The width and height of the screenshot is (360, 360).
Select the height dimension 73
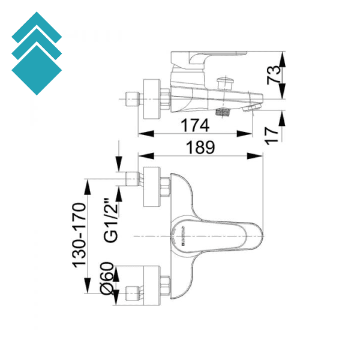pyautogui.click(x=274, y=74)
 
